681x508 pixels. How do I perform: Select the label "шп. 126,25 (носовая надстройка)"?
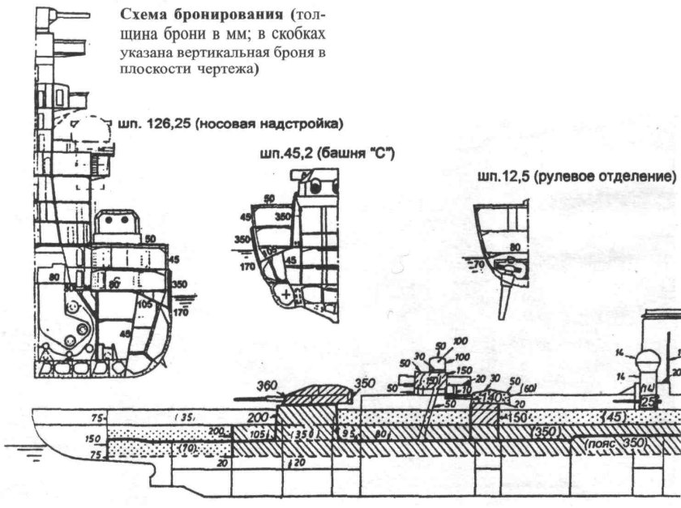[231, 124]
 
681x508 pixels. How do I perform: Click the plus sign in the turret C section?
[285, 293]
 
